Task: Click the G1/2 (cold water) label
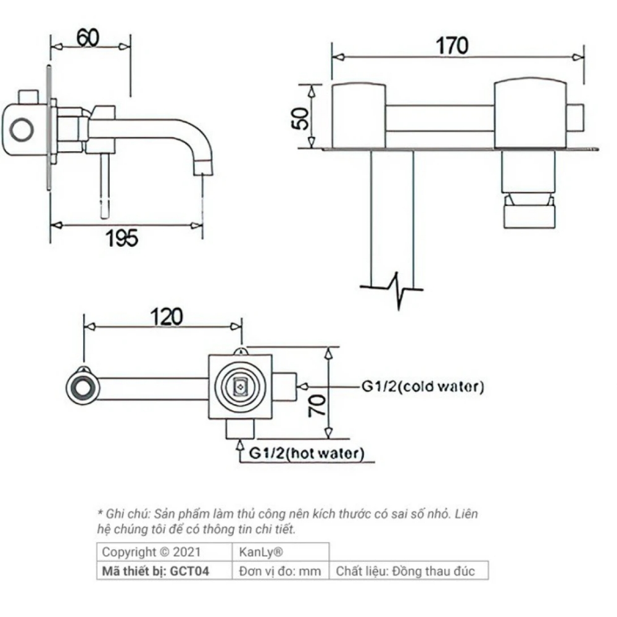(423, 387)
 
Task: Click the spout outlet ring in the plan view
(82, 388)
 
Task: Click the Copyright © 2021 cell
(147, 552)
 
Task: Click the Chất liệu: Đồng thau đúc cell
(405, 571)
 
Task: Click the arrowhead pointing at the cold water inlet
(302, 387)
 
